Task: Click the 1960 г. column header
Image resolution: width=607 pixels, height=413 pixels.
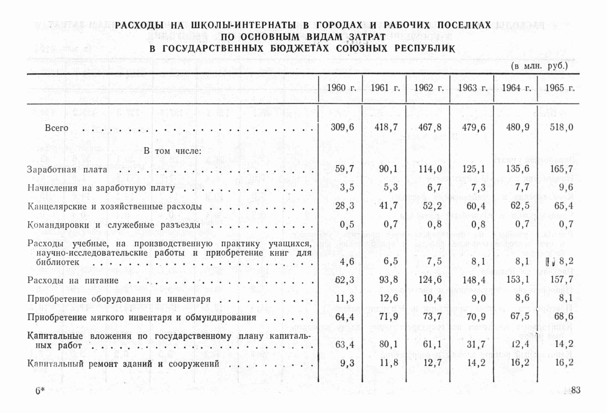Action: tap(341, 88)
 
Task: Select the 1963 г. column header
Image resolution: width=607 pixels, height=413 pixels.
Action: tap(472, 88)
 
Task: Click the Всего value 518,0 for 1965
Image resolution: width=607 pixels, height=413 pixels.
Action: tap(561, 127)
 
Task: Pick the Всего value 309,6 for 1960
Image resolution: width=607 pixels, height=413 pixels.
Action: tap(342, 127)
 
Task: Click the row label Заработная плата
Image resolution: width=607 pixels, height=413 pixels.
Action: tap(67, 170)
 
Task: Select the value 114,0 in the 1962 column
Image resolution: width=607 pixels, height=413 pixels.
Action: tap(430, 169)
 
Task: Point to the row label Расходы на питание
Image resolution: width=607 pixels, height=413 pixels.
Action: tap(73, 280)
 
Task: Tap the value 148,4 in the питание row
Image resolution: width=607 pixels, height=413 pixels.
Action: tap(474, 280)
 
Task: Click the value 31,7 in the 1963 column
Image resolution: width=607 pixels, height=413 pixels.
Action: tap(476, 344)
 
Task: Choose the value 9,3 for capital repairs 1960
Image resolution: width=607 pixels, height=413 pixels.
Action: tap(347, 363)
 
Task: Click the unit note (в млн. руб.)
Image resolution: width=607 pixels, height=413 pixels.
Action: tap(539, 66)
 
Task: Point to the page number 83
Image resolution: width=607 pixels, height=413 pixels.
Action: tap(576, 390)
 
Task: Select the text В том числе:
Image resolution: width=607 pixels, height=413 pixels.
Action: tap(172, 151)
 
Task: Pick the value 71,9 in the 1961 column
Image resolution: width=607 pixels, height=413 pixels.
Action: tap(389, 317)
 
